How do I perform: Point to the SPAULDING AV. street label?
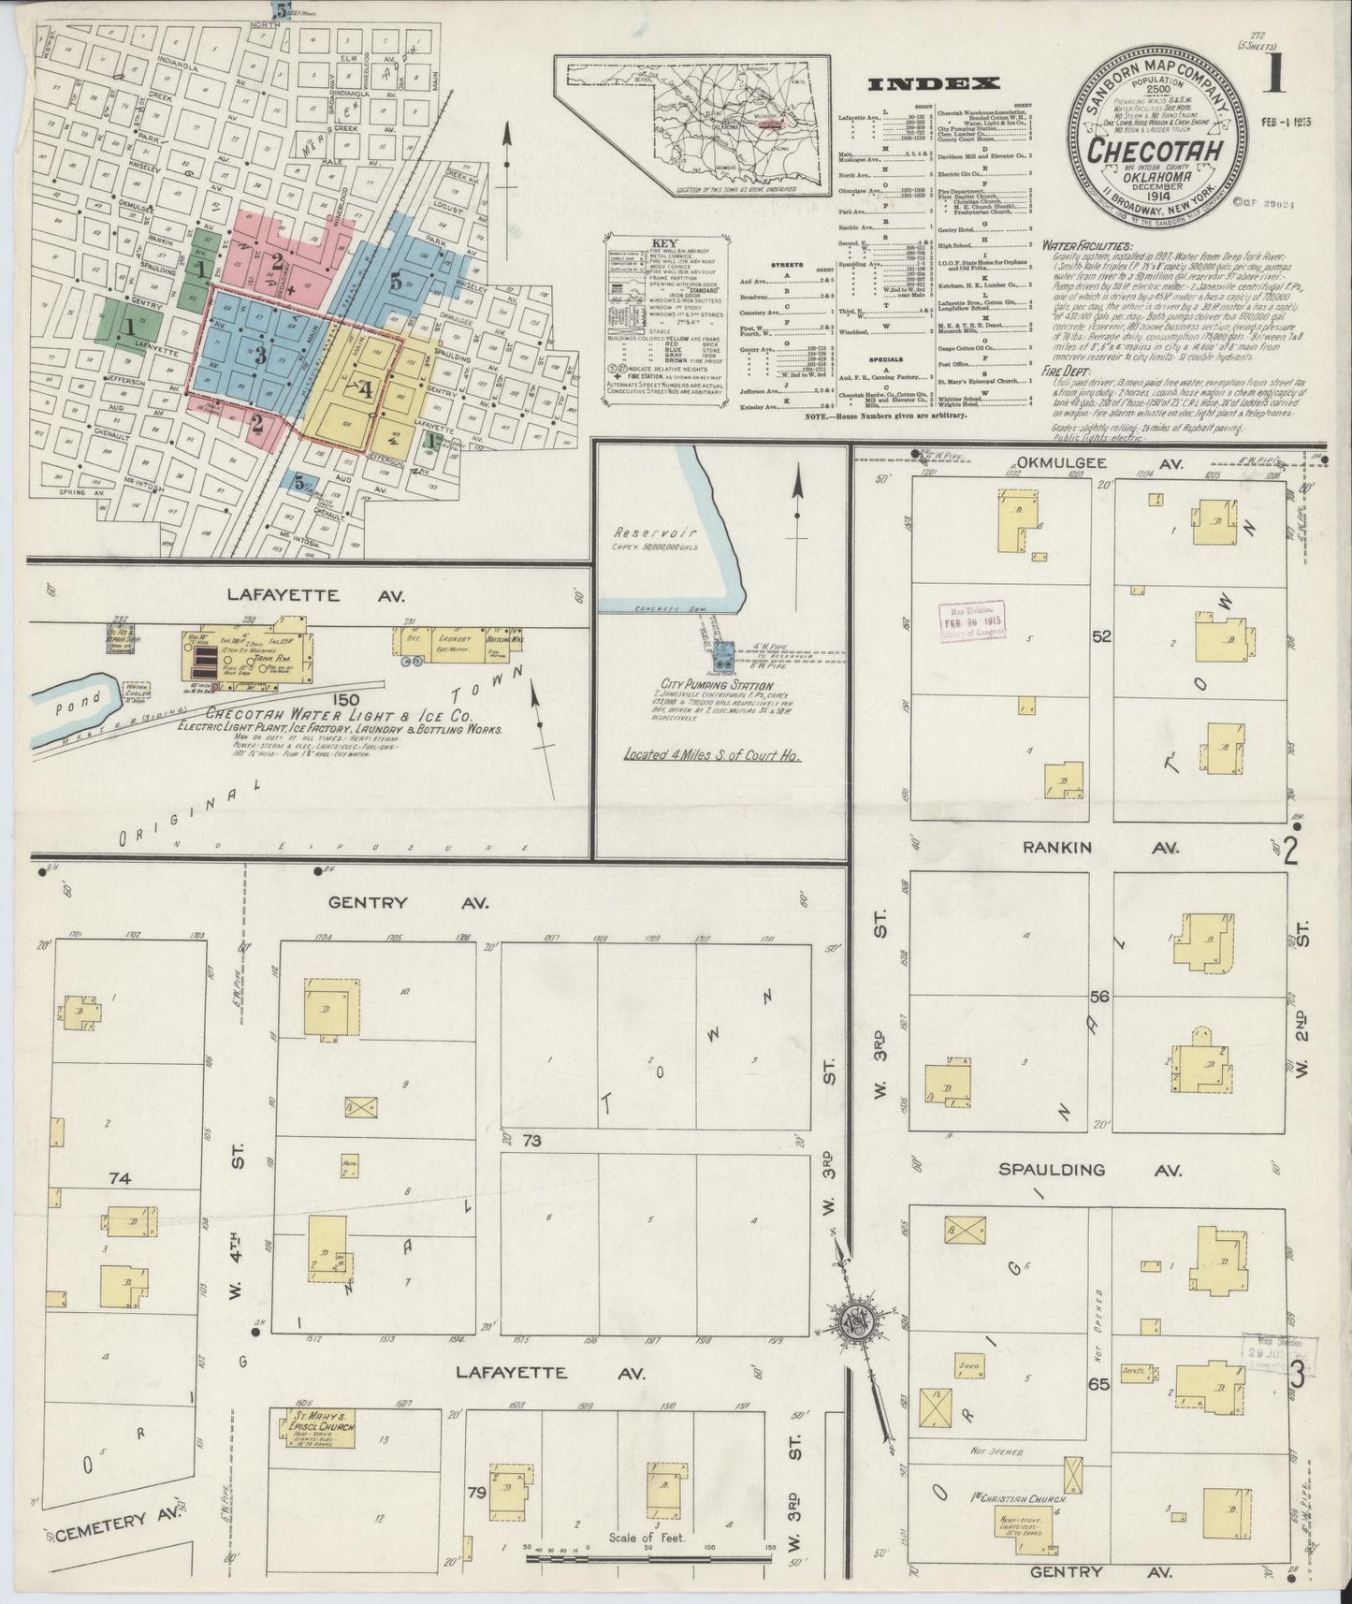pos(1090,1170)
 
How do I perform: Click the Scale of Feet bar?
pos(646,1554)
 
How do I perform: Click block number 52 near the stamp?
pos(1101,636)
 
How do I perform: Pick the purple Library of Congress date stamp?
pos(972,620)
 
